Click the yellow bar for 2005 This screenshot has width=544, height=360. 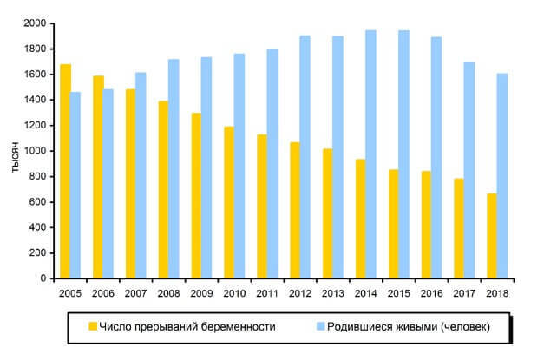tap(65, 172)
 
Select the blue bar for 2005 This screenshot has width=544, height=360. tap(75, 186)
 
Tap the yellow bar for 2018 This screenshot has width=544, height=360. tap(492, 236)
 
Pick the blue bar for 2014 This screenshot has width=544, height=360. tap(370, 154)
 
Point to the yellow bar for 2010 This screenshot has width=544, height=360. tap(229, 203)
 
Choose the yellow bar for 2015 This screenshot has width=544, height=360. tap(393, 224)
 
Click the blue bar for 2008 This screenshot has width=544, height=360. tap(174, 169)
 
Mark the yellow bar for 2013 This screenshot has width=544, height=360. tap(328, 213)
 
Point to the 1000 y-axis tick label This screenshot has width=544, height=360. tap(35, 151)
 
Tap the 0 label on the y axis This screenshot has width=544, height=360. tap(43, 278)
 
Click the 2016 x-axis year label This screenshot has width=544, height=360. tap(431, 293)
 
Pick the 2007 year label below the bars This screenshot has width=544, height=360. tap(135, 293)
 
